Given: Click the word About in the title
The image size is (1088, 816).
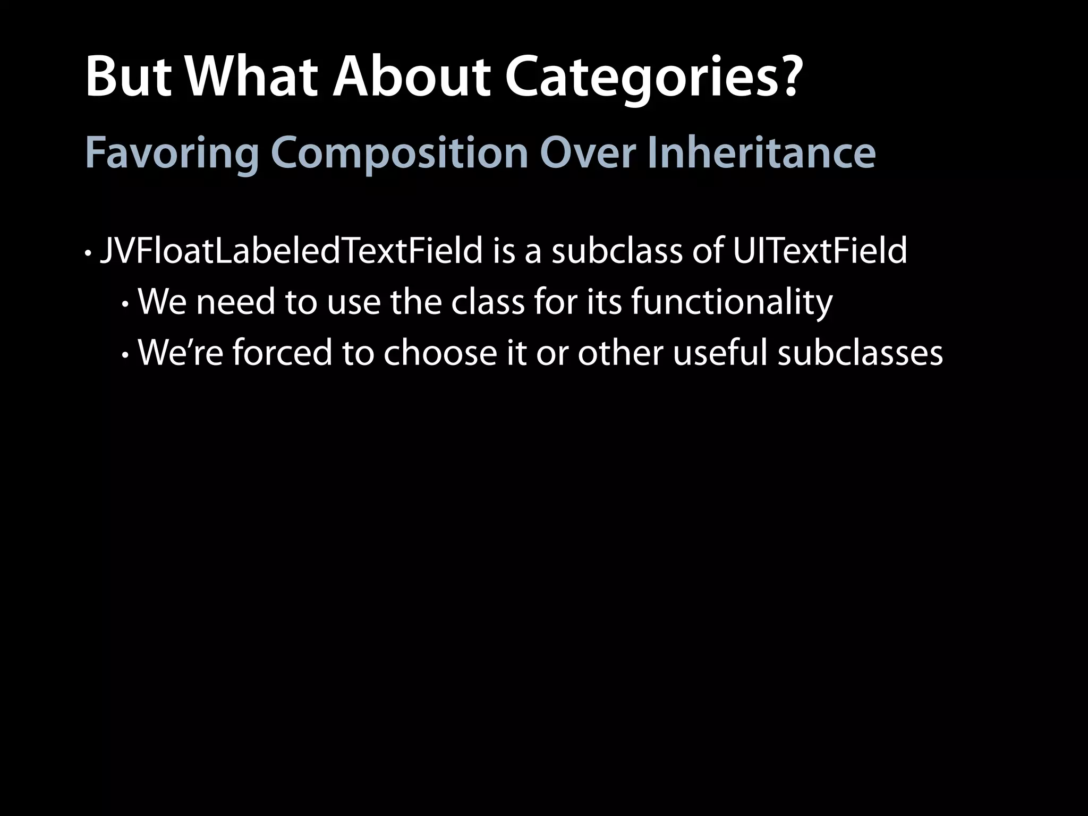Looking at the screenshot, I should point(410,79).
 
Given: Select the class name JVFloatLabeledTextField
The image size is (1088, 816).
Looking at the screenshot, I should point(291,251).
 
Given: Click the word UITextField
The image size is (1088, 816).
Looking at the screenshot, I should point(820,251).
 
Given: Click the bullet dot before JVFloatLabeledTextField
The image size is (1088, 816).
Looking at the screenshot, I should point(88,253).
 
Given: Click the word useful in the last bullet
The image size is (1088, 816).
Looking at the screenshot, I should point(720,353).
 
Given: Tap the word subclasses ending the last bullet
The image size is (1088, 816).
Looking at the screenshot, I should point(860,353).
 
